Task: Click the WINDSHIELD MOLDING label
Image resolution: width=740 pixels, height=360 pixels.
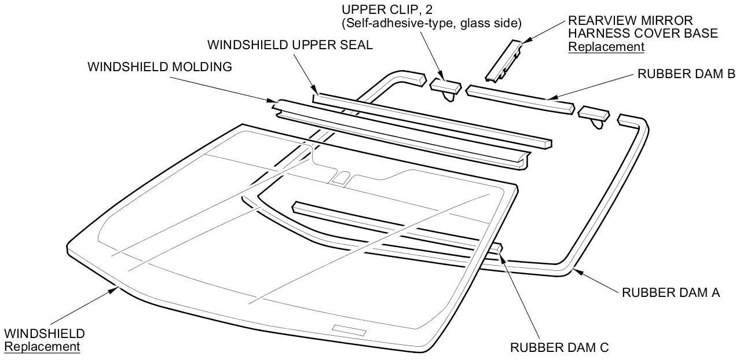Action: [159, 67]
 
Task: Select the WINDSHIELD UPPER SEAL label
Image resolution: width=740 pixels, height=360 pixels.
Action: [290, 45]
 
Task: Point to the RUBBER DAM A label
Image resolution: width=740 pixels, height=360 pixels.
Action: [671, 293]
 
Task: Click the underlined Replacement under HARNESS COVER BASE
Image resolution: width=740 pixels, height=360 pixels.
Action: [606, 47]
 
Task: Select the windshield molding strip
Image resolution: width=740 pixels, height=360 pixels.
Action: [400, 137]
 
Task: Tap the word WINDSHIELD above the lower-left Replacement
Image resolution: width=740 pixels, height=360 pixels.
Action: [44, 334]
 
